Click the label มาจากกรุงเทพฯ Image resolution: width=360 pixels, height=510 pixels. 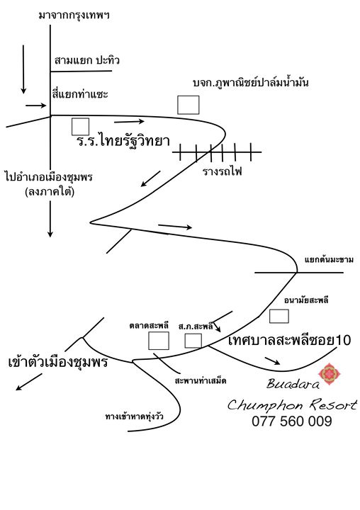click(x=74, y=16)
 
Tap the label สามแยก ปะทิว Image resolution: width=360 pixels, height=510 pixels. click(x=87, y=60)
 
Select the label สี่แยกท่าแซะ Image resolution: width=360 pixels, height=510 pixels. click(x=80, y=94)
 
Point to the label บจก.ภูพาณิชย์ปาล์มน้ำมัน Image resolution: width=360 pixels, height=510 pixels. click(x=251, y=83)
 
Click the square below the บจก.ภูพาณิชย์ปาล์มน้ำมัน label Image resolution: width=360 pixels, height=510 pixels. click(x=188, y=105)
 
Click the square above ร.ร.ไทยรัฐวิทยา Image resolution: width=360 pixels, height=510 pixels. click(x=80, y=127)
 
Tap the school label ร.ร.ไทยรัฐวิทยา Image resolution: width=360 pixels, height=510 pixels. click(x=123, y=141)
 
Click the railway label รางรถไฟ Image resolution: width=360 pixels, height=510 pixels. click(x=223, y=171)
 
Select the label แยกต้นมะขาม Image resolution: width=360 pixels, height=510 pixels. click(x=329, y=260)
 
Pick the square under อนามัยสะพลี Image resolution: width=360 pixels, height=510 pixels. click(x=279, y=316)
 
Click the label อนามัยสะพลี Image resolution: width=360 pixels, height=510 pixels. click(x=306, y=300)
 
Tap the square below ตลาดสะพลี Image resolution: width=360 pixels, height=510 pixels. click(x=159, y=341)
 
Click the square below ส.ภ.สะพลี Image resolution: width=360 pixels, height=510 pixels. click(x=193, y=341)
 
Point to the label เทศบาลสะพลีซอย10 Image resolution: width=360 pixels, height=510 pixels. click(x=289, y=340)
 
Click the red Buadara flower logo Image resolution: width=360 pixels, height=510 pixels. click(x=330, y=374)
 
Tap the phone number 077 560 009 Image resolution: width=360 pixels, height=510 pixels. click(x=292, y=421)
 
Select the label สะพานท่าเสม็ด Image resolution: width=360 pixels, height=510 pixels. click(x=201, y=380)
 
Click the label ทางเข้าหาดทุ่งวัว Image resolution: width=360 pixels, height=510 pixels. click(x=135, y=416)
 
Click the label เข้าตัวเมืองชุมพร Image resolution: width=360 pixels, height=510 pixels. click(x=58, y=362)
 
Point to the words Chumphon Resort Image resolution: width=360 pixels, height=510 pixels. click(x=292, y=404)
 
